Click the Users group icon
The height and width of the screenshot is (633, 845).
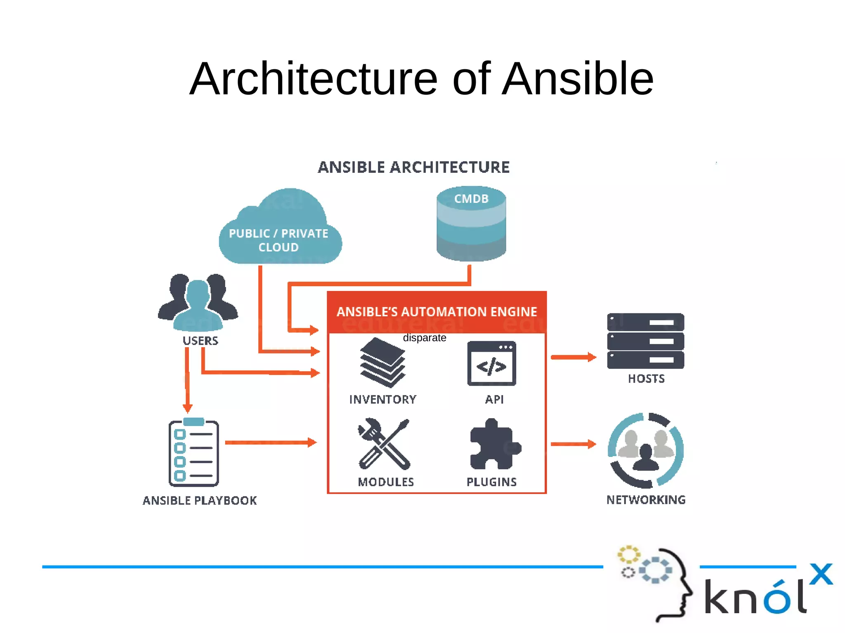coord(198,303)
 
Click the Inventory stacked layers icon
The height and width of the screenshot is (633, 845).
coord(382,363)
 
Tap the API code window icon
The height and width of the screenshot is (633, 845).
coord(491,363)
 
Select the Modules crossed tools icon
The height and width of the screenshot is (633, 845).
coord(384,445)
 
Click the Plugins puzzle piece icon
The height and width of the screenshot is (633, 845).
coord(494,445)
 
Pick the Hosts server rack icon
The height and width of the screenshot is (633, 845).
coord(645,341)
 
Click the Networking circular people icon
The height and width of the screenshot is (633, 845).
coord(645,450)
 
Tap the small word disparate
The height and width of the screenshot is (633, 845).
coord(424,338)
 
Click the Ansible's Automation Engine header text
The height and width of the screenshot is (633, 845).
coord(437,312)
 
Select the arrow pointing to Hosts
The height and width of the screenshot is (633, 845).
coord(574,357)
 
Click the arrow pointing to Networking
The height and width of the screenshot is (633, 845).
coord(574,444)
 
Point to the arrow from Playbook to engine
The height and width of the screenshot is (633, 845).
coord(270,442)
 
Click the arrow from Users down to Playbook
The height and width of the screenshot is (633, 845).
coord(187,379)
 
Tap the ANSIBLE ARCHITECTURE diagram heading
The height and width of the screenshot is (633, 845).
coord(413,167)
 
